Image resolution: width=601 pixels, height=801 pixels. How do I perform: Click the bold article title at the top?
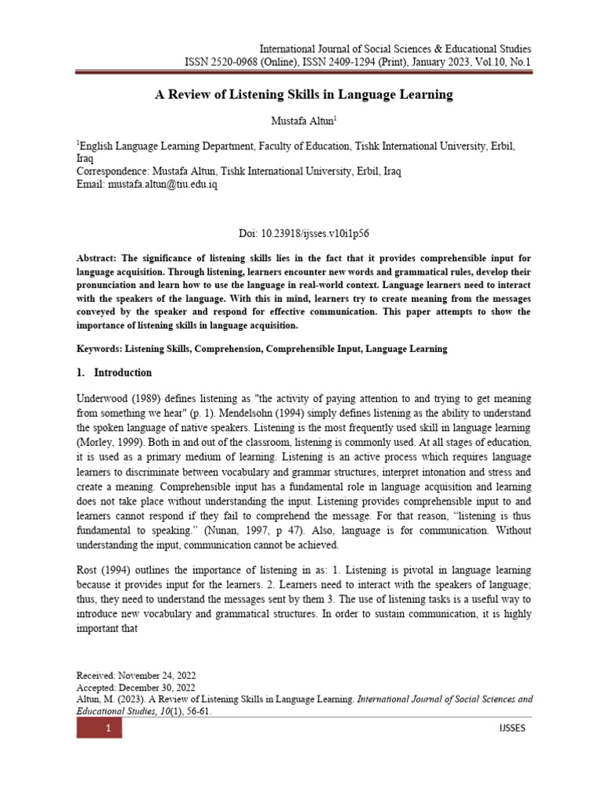click(x=303, y=95)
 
